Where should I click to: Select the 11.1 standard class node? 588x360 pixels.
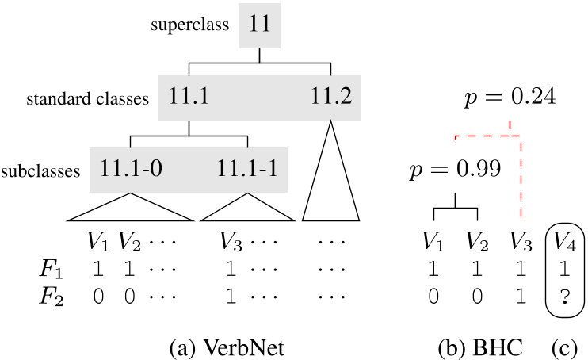(189, 98)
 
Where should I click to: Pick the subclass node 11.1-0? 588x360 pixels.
(131, 169)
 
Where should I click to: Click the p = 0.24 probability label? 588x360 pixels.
(506, 98)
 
